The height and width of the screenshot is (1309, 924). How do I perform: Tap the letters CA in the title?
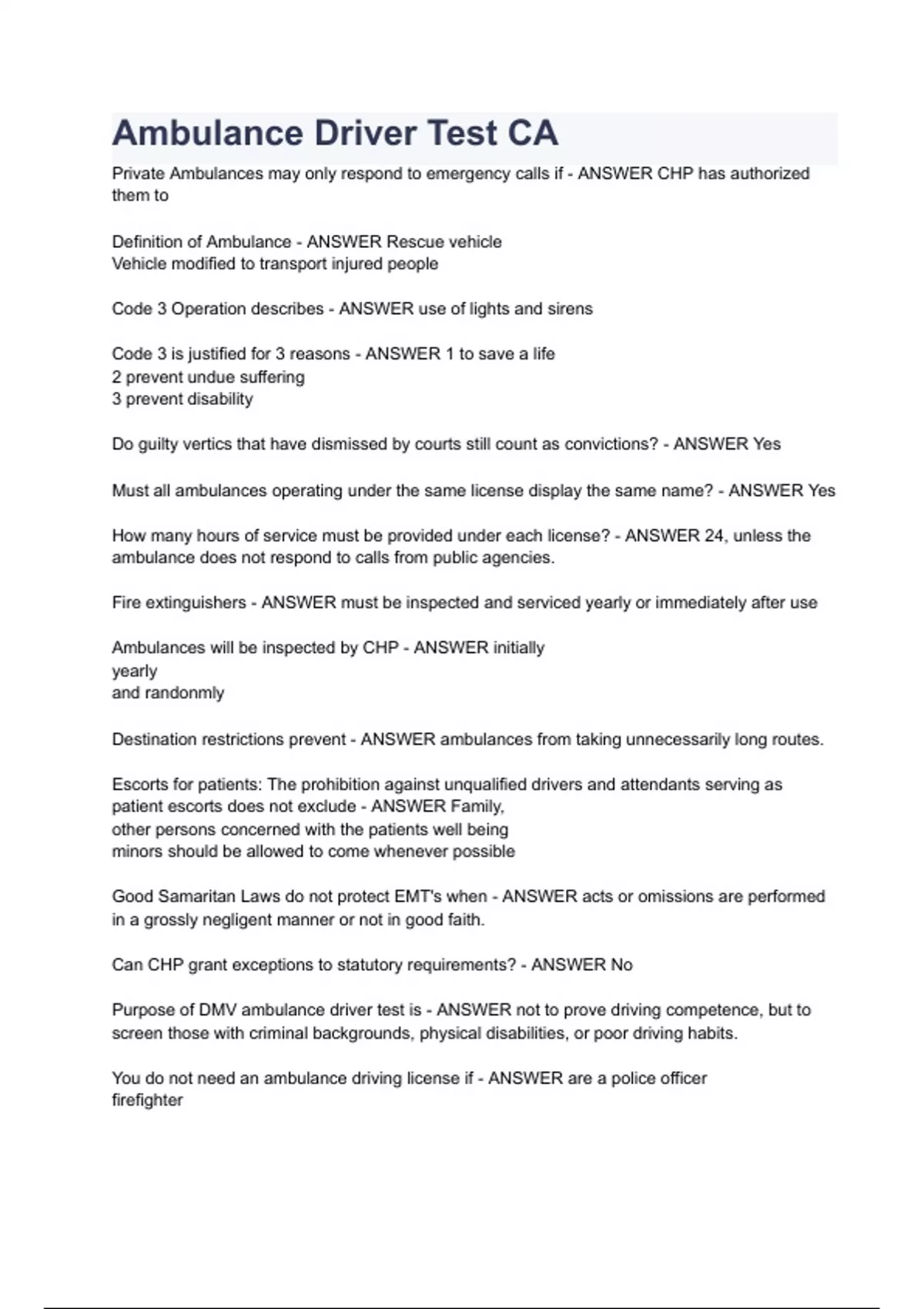pos(532,133)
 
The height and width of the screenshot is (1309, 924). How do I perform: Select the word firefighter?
pos(147,1100)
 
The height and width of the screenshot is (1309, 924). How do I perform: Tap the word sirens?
pos(570,309)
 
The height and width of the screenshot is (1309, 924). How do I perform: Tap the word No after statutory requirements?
pos(621,965)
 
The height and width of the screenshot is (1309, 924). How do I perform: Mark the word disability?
pos(220,399)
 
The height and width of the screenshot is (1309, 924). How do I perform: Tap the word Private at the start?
pos(138,173)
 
